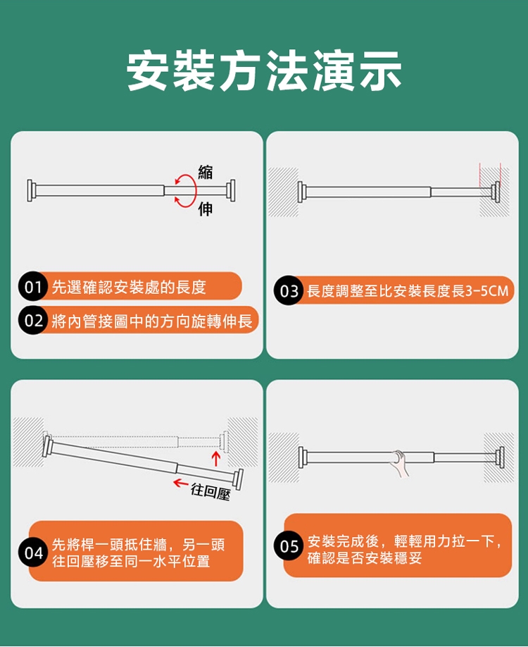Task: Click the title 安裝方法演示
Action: pyautogui.click(x=264, y=70)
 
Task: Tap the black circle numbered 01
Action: pyautogui.click(x=32, y=286)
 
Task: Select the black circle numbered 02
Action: pyautogui.click(x=32, y=320)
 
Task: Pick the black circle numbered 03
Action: pyautogui.click(x=289, y=291)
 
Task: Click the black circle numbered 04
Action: pyautogui.click(x=33, y=553)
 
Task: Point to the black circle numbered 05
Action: pyautogui.click(x=289, y=546)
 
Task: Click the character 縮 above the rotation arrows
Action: pyautogui.click(x=206, y=172)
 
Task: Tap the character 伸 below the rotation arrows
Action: pyautogui.click(x=206, y=209)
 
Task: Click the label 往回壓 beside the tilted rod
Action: pyautogui.click(x=210, y=491)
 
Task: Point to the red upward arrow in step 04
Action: pyautogui.click(x=215, y=458)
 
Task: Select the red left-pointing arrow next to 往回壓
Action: pyautogui.click(x=180, y=482)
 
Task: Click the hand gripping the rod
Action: pyautogui.click(x=399, y=463)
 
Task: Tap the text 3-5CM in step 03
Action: pyautogui.click(x=486, y=291)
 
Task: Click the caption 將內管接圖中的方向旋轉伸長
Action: pyautogui.click(x=152, y=321)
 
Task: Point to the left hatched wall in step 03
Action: pyautogui.click(x=283, y=192)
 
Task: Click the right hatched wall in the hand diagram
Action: pyautogui.click(x=498, y=457)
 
